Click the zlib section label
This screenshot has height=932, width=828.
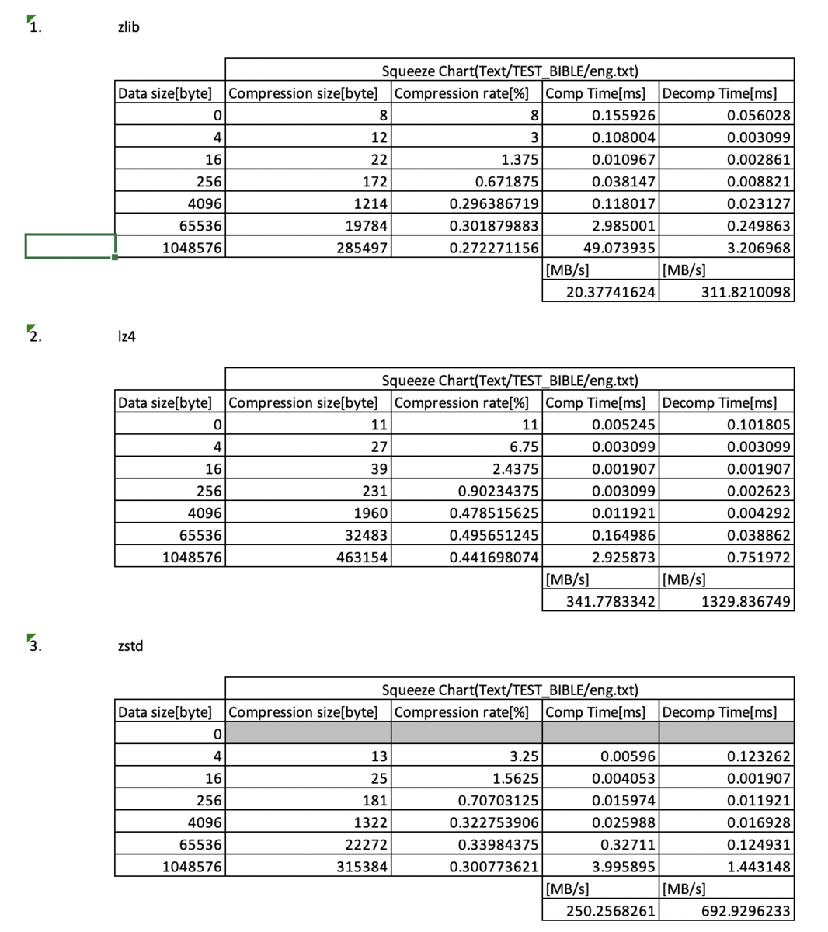point(128,27)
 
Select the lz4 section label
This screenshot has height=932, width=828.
point(127,336)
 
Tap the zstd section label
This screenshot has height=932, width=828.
point(130,645)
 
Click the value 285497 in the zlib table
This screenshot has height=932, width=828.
point(362,249)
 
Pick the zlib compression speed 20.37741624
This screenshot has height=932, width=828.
point(611,292)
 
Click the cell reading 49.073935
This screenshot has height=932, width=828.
point(619,249)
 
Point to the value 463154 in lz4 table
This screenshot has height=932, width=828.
point(362,558)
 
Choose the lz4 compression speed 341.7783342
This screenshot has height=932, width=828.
point(611,601)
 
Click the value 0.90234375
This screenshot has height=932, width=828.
point(494,492)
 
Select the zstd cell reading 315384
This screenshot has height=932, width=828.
point(362,867)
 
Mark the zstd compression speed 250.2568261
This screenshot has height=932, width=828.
point(611,910)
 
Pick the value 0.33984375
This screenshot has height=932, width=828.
point(494,845)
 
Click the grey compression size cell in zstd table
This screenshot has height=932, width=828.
point(308,733)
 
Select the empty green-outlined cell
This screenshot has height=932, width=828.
point(70,246)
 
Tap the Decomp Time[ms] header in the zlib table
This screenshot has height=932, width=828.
point(719,93)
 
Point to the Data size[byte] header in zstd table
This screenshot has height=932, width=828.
point(165,711)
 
